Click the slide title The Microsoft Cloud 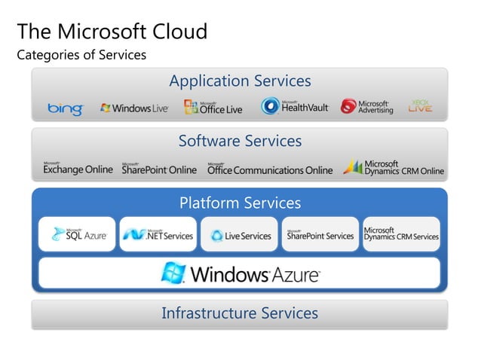point(112,32)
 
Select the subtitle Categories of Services point(81,55)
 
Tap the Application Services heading point(240,81)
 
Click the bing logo point(65,108)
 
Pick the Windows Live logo point(134,108)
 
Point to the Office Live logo point(213,108)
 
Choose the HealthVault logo point(295,107)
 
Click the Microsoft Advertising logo point(367,107)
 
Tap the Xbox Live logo point(420,106)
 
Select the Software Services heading point(240,141)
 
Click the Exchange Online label point(78,169)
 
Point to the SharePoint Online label point(159,169)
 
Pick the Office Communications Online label point(270,169)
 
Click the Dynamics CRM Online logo point(394,167)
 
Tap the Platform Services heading point(240,203)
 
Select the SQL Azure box point(77,235)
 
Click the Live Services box point(240,235)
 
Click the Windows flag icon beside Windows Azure point(173,273)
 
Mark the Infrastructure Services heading point(240,313)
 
